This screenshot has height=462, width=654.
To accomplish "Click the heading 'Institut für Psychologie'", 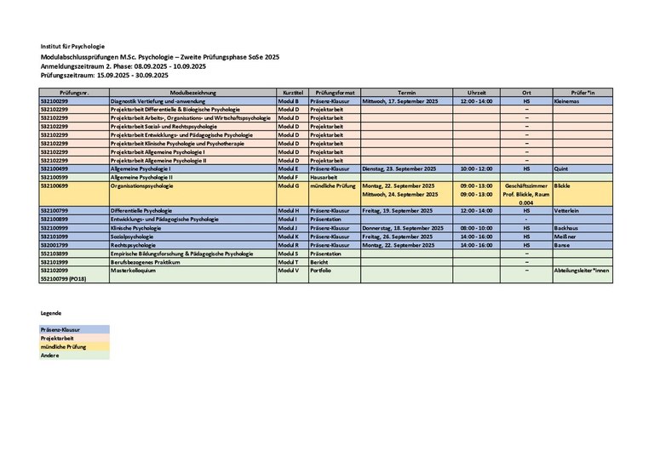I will pos(72,46).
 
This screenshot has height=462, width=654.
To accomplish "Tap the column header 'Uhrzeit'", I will pos(476,92).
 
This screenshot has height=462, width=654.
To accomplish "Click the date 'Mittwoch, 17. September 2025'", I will pos(400,100).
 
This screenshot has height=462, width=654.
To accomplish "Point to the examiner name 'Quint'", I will pos(560,168).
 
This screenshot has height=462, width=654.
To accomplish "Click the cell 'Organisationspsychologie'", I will pos(142,185).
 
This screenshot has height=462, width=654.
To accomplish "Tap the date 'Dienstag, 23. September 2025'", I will pos(399,168).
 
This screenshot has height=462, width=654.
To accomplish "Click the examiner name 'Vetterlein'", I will pos(567,210).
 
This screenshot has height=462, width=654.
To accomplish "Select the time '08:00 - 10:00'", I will pos(476,228).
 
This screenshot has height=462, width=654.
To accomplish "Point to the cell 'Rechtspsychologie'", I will pos(136,245).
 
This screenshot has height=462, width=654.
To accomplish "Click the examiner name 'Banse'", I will pos(562,245).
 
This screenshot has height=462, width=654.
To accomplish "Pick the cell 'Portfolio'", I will pos(321,271).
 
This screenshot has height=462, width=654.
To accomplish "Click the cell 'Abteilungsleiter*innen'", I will pos(582,271).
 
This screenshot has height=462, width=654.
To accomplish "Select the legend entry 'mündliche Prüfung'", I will pos(63,346).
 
